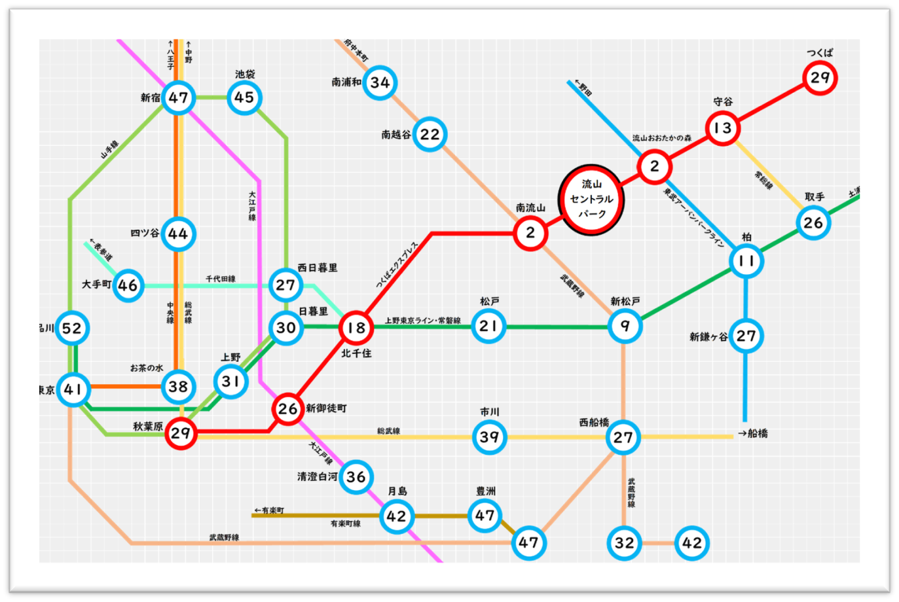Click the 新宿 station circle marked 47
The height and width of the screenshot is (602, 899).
tap(178, 98)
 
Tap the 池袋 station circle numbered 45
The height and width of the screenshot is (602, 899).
tap(244, 97)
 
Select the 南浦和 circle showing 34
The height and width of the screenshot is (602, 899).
tap(380, 82)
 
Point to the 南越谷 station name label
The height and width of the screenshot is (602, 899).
tap(396, 135)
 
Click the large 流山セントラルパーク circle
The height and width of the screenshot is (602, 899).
tap(591, 200)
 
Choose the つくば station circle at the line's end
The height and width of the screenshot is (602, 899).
tap(820, 78)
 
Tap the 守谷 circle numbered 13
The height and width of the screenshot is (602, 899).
tap(723, 128)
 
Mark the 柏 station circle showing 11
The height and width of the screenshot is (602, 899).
tap(746, 261)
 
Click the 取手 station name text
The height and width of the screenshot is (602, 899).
tap(815, 196)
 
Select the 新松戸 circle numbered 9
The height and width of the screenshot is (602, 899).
tap(625, 326)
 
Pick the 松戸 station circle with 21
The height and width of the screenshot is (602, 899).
tap(488, 326)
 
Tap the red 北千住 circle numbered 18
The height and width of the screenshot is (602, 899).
tap(356, 328)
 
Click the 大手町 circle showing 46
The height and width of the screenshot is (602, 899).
tap(128, 285)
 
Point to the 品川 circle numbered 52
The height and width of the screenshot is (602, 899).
tap(72, 328)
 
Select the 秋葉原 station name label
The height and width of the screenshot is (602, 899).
tap(148, 427)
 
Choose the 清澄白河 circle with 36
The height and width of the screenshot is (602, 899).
tap(356, 476)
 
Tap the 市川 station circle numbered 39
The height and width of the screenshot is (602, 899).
tap(489, 436)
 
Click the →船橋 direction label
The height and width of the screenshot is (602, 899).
tap(753, 433)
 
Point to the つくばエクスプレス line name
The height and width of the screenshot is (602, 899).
tap(397, 265)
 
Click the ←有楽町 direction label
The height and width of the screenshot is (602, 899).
tap(269, 510)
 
